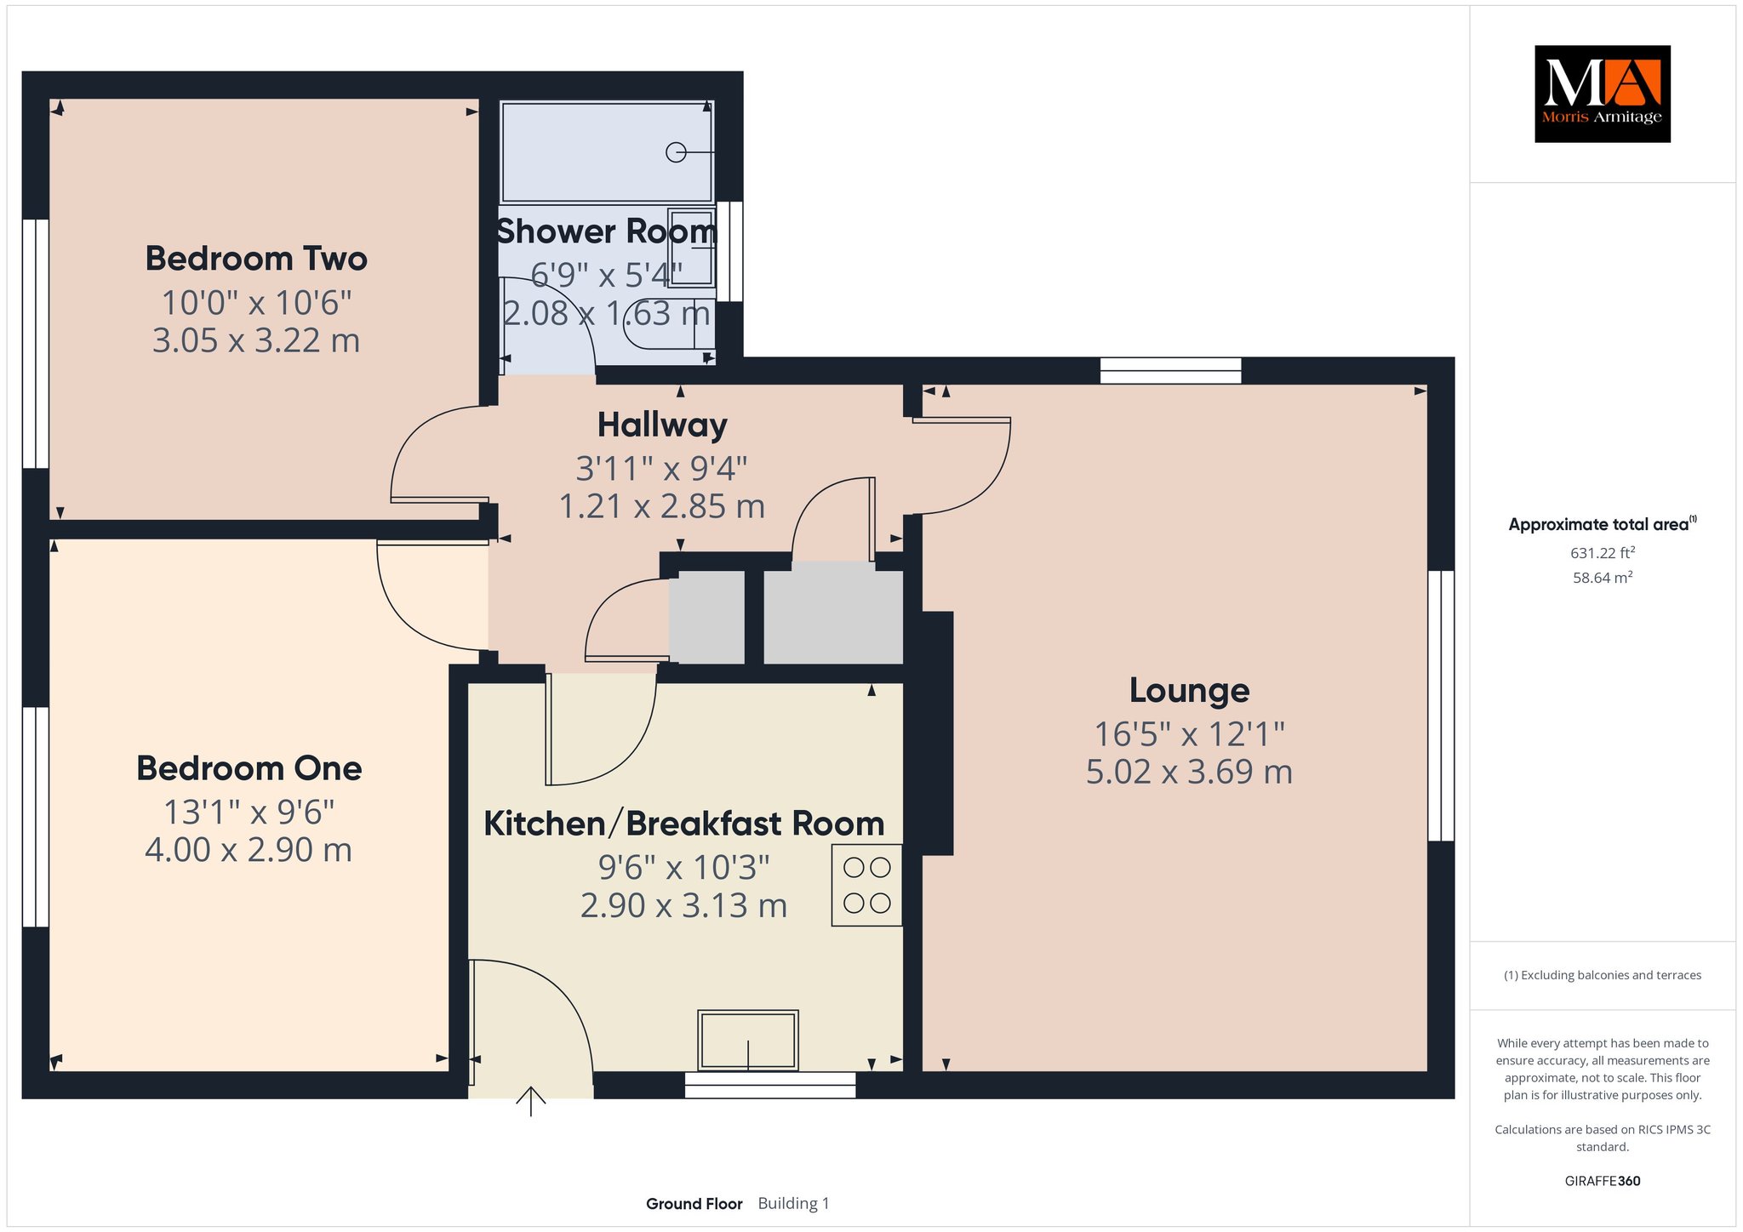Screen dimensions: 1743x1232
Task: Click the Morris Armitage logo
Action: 1602,94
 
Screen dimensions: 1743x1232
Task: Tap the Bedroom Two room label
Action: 256,259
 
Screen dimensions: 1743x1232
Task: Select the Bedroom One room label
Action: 249,768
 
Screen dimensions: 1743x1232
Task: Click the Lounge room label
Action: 1189,690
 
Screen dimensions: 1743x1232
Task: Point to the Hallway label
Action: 662,425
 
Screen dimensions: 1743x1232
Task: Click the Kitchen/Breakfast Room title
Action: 684,824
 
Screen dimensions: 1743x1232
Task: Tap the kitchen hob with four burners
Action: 866,885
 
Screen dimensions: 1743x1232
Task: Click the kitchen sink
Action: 748,1040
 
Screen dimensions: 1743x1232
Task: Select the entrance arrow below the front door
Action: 531,1100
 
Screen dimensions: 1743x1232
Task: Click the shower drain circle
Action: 676,152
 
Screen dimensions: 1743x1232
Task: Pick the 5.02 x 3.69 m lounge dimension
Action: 1189,772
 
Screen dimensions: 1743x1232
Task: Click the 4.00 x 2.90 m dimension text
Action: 249,850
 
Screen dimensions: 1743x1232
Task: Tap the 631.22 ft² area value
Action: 1603,552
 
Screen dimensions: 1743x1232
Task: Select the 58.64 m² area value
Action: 1603,577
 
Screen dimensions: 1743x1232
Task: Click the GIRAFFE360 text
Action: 1603,1181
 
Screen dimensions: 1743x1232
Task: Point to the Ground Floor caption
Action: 694,1204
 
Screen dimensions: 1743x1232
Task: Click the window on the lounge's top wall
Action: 1170,371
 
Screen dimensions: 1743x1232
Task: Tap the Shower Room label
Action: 607,231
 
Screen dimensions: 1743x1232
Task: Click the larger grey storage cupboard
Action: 833,617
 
